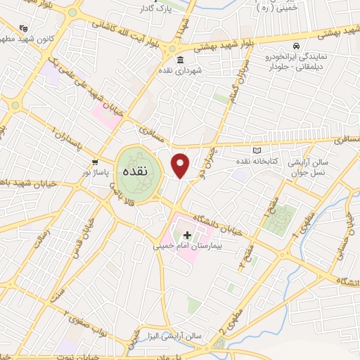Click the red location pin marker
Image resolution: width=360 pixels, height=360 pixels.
click(x=181, y=165)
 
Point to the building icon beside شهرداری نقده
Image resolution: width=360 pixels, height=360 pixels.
click(x=181, y=59)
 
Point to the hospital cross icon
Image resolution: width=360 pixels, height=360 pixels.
click(x=187, y=234)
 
